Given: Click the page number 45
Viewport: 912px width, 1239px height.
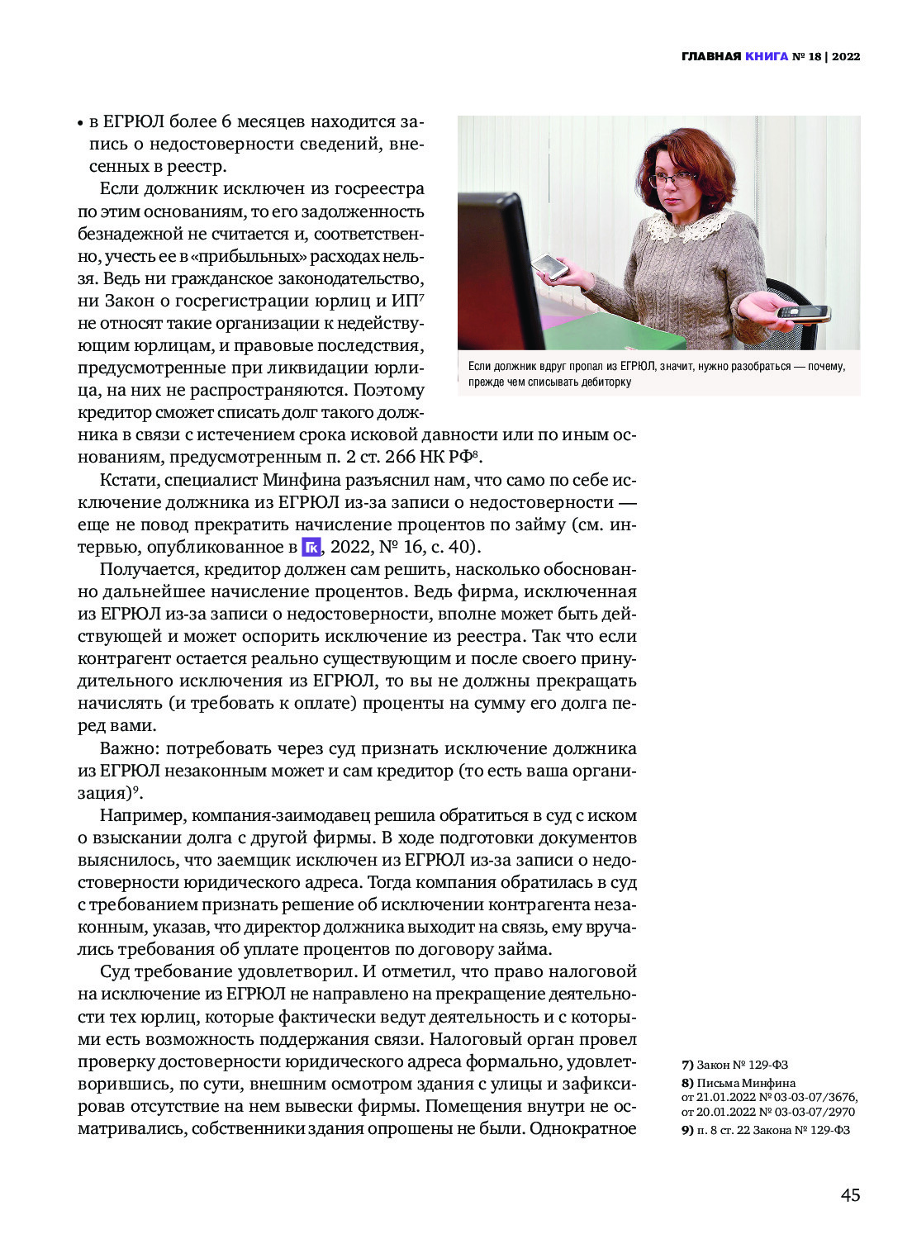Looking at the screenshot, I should coord(850,1194).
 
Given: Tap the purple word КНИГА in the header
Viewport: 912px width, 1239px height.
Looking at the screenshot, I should coord(766,56).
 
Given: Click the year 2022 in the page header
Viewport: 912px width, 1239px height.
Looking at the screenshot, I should coord(846,56).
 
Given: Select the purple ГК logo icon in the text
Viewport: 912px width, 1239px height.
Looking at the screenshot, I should coord(311,547).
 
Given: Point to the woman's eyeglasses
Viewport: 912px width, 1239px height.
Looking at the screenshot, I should coord(671,178).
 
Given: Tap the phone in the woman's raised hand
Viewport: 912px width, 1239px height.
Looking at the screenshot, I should coord(549,266).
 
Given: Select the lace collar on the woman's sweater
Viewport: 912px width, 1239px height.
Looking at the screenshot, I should coord(688,223).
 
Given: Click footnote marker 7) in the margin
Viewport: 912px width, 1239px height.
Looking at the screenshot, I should coord(687,1065).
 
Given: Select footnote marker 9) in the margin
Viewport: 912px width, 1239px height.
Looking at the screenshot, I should coord(687,1130).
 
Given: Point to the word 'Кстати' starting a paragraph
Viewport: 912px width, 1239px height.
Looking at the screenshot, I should coord(130,480).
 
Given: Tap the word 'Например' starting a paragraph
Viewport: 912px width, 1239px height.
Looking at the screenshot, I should coord(142,815).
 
